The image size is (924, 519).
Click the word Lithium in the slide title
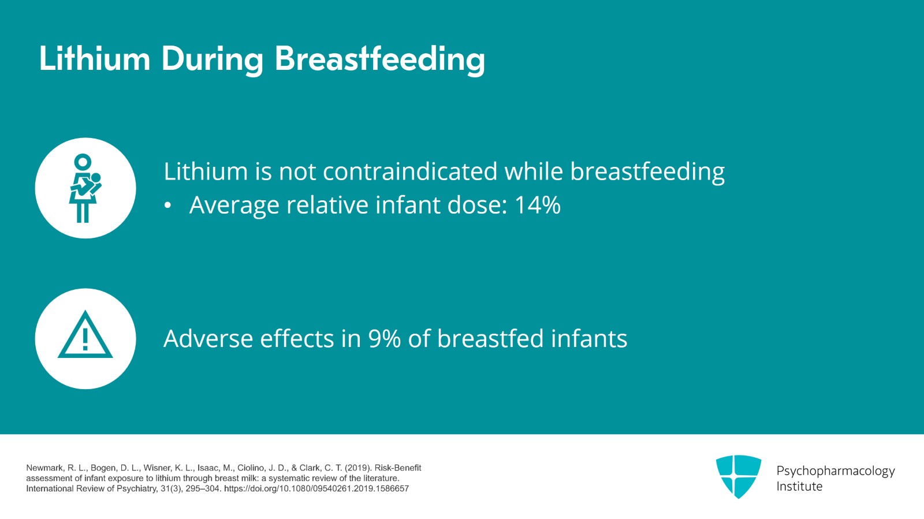[95, 58]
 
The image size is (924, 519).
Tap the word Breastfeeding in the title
[379, 60]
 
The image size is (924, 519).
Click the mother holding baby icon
[85, 188]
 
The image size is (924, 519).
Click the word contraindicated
[410, 171]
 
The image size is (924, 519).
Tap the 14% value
[538, 204]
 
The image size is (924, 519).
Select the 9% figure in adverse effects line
[385, 338]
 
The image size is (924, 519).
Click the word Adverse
[207, 338]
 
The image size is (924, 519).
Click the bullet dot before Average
[167, 206]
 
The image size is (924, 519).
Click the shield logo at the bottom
[739, 476]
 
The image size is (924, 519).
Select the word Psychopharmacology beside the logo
[836, 471]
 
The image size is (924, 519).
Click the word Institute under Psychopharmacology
[799, 487]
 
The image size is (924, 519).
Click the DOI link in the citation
[316, 489]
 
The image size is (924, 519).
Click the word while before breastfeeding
[534, 171]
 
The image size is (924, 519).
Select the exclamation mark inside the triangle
[85, 339]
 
